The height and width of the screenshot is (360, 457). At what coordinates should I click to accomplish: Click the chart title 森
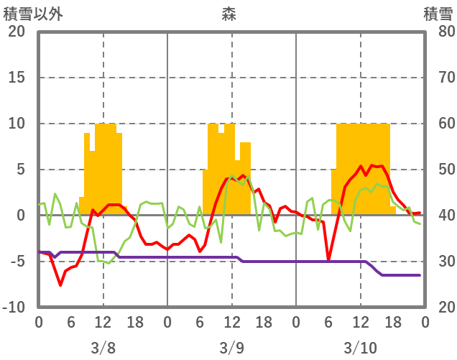(228, 14)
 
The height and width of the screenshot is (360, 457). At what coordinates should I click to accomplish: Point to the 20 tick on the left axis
(17, 32)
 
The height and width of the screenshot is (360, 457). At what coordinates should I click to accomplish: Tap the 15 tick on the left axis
(17, 78)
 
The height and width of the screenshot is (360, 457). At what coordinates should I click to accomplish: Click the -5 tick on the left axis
(17, 262)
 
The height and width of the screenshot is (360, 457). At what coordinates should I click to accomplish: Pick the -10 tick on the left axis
(14, 308)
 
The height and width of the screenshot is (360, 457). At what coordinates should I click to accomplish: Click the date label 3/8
(103, 348)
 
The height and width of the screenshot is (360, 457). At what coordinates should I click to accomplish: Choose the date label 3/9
(231, 348)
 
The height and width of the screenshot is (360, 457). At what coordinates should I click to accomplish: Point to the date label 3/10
(360, 348)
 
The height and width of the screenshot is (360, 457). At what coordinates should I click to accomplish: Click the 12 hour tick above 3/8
(103, 321)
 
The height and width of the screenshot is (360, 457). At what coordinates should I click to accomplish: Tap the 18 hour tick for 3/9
(264, 321)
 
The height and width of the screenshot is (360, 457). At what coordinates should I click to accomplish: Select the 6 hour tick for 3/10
(328, 321)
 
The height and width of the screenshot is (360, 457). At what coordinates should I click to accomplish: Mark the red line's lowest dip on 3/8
(60, 285)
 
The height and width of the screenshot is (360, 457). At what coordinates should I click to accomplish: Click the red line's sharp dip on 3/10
(328, 259)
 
